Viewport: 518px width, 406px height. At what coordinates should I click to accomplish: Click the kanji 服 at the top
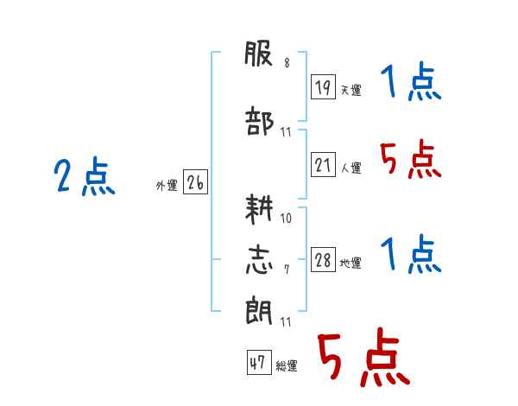pos(258,54)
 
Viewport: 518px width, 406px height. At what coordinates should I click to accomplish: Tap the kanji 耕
pos(259,209)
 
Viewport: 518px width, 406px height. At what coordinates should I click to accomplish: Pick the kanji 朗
pos(259,312)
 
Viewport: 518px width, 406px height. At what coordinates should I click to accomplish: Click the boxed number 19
pos(323,86)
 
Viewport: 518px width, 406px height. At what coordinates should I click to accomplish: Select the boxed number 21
pos(323,164)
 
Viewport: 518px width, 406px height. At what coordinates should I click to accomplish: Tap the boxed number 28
pos(323,259)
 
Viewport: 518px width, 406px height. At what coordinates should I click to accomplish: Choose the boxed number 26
pos(195,182)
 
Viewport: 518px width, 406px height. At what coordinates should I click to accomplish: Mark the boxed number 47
pos(259,362)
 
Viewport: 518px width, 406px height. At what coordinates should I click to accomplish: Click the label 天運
pos(351,90)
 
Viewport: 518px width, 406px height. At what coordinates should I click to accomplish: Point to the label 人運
pos(351,168)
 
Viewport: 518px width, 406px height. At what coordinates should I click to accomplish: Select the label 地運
pos(351,263)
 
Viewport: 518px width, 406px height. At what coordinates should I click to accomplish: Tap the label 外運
pos(167,186)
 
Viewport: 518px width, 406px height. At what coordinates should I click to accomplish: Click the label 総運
pos(287,365)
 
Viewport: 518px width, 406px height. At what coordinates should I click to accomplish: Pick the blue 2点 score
pos(85,176)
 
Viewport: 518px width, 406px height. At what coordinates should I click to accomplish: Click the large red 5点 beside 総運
pos(363,357)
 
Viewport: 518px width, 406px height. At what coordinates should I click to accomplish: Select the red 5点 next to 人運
pos(410,159)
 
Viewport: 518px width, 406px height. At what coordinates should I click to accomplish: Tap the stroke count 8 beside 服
pos(287,62)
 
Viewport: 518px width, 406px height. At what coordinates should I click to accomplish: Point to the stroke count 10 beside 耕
pos(286,219)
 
